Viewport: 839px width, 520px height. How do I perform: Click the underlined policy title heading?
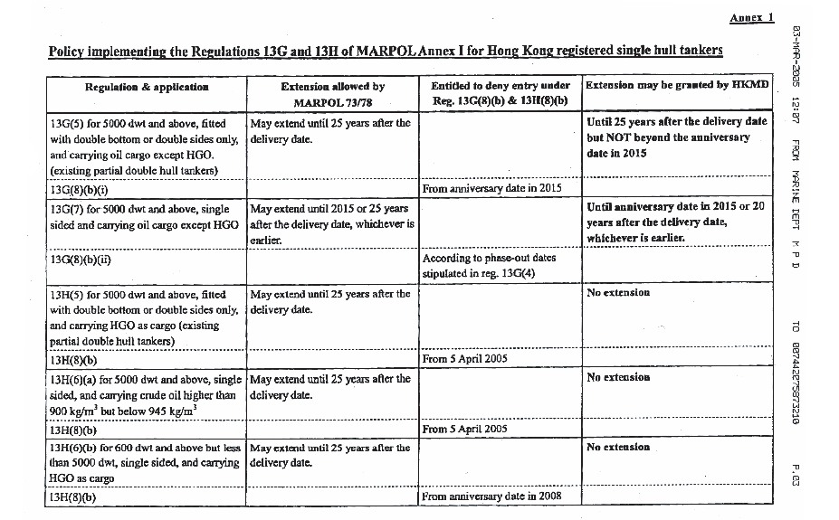click(x=386, y=51)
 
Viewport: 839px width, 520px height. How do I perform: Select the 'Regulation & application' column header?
click(x=147, y=87)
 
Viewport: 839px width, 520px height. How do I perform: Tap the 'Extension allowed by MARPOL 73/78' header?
click(x=332, y=93)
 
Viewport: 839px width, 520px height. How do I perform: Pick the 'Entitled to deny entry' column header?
click(x=500, y=93)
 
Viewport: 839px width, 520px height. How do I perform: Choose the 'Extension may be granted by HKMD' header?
click(x=677, y=86)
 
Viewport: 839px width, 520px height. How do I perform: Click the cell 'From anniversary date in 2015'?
click(x=492, y=188)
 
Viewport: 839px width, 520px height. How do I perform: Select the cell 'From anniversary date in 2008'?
click(x=492, y=496)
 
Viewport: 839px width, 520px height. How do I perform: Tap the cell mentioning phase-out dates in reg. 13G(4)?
click(x=489, y=266)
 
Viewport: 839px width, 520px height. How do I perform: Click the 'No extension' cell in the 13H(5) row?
click(x=618, y=293)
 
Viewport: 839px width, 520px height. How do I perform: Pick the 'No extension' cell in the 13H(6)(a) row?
click(x=618, y=377)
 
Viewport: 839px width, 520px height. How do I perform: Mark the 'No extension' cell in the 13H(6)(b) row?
click(x=618, y=447)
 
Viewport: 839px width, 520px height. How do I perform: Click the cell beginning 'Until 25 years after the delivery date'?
click(x=676, y=137)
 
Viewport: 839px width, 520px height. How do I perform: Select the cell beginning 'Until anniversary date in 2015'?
click(x=676, y=222)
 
